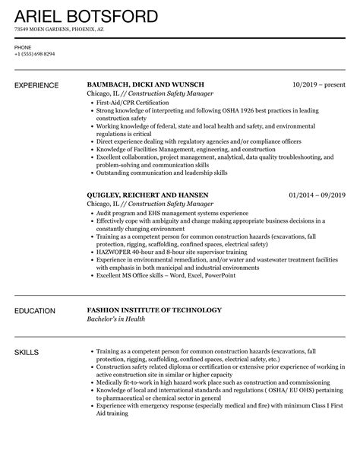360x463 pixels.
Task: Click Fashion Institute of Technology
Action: (154, 309)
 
